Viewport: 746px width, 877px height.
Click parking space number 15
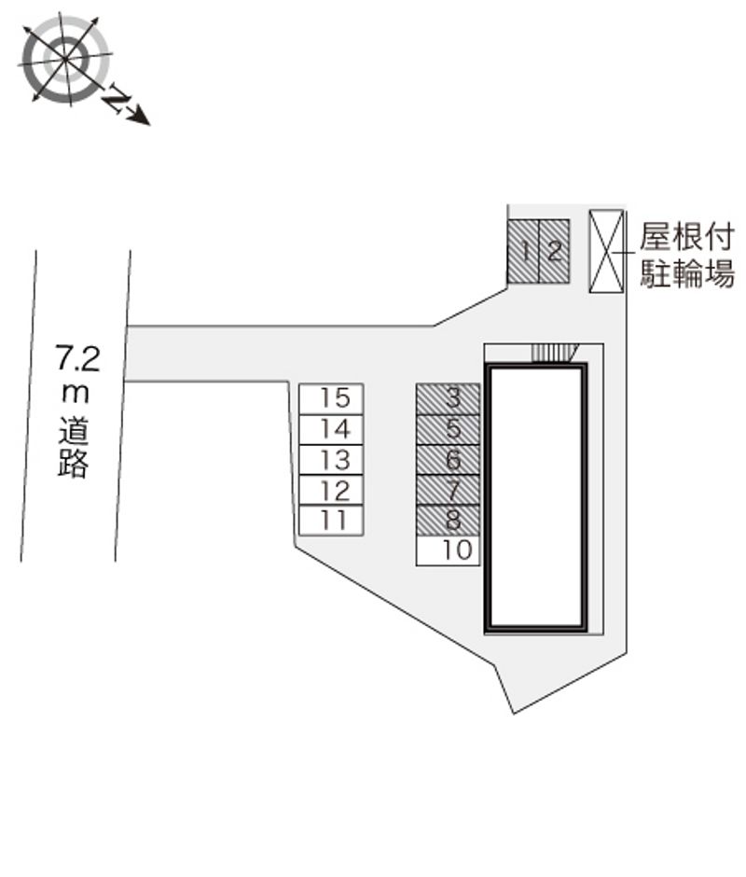331,398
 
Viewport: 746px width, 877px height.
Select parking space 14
331,429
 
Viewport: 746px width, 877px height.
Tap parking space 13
331,460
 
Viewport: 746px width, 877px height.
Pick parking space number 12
331,490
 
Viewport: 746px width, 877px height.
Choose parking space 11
331,521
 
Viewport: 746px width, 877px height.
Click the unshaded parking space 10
448,550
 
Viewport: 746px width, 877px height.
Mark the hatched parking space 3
448,398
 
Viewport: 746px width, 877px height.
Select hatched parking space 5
448,429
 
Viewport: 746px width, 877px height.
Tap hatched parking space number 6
448,460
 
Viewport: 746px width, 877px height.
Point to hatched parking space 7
448,490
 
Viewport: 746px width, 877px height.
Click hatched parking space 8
448,521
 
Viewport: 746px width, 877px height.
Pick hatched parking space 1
523,251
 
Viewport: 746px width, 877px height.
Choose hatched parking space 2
554,251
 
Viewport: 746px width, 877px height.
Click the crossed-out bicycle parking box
606,251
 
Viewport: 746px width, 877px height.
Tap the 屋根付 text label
686,237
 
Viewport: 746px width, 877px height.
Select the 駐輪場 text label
686,273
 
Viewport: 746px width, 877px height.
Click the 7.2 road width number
77,358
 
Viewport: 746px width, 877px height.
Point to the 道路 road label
74,447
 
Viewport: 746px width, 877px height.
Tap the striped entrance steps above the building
554,354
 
